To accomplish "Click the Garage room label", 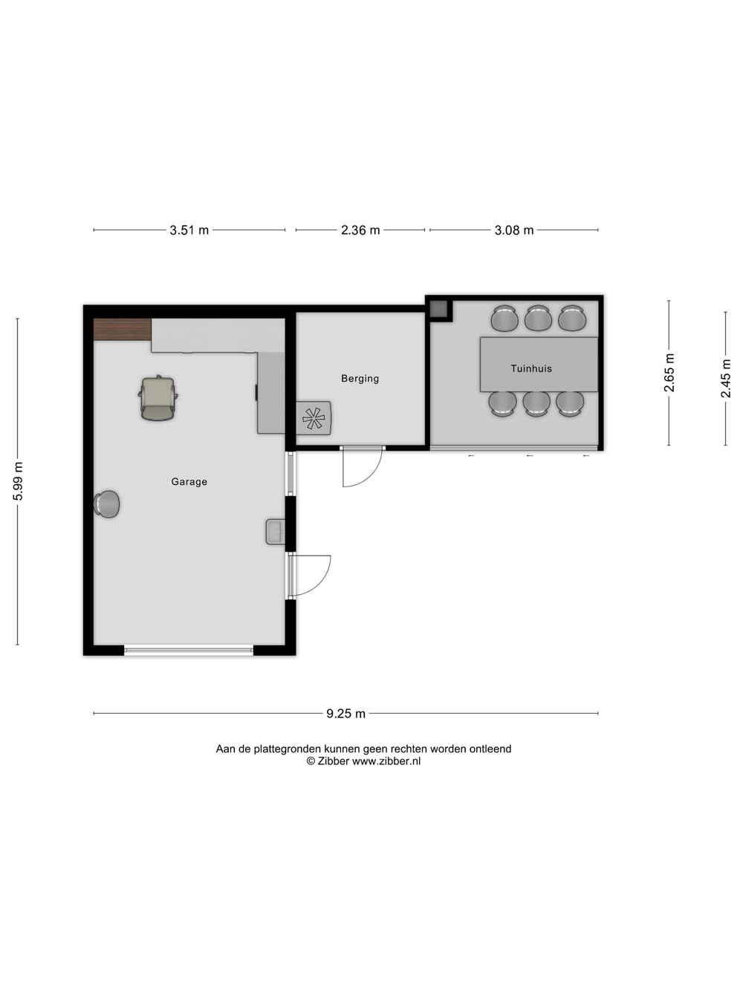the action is coord(189,482).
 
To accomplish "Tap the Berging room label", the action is coord(360,379).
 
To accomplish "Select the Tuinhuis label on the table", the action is coord(531,368).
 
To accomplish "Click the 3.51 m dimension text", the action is coord(189,230).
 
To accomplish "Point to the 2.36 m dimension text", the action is coord(360,230).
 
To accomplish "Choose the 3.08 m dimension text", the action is coord(514,230).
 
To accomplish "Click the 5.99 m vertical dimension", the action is coord(19,481).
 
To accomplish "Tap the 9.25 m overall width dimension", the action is coord(345,714).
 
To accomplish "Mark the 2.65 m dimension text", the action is coord(670,373).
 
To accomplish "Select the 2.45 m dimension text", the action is coord(726,378).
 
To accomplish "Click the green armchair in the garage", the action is coord(158,398).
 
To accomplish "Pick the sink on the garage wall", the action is coord(275,532).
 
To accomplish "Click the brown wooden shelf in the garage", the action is coord(123,330).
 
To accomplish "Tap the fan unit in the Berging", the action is coord(314,418).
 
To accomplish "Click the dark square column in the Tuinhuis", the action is coord(438,309).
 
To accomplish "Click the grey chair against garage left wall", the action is coord(107,504).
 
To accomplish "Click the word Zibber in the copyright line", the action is coord(333,761).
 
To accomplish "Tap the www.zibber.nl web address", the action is coord(386,761).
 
